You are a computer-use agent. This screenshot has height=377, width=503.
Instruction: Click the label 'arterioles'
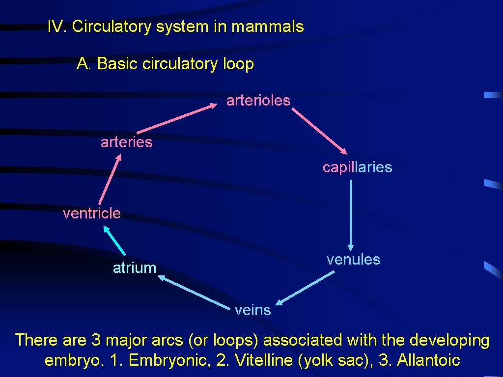coord(258,101)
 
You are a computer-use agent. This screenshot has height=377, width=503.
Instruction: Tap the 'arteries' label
coord(126,142)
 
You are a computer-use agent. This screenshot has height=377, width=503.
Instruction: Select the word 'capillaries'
coord(357,167)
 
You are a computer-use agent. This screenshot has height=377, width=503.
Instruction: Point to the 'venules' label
coord(353,259)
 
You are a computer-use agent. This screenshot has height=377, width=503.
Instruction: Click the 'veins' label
coord(252,310)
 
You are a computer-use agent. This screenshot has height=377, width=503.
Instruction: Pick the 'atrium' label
coord(134,268)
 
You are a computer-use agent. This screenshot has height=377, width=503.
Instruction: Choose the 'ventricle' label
coord(91,213)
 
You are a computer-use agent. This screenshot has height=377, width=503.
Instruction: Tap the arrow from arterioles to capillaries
coord(319,131)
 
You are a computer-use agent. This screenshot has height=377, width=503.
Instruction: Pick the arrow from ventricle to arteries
coord(110,179)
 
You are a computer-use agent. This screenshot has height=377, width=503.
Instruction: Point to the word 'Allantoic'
coord(428,360)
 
